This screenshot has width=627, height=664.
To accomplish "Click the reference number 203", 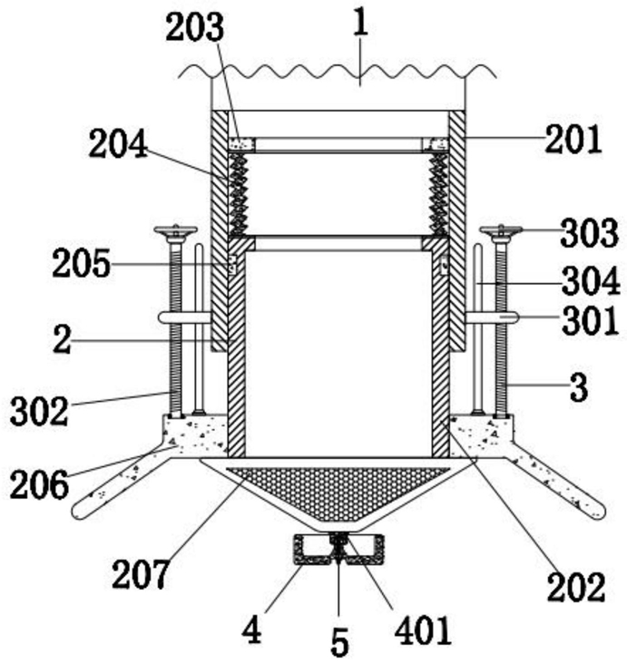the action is [194, 28].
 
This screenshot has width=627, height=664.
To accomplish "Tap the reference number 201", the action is [573, 140].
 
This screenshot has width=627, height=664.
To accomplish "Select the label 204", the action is [118, 144].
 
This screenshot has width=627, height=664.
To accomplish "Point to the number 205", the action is [82, 263].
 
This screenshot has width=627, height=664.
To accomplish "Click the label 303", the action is [589, 233].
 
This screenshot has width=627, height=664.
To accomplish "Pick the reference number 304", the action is [591, 282].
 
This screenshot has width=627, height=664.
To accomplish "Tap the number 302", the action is [39, 412].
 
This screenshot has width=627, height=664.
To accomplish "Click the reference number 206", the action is [39, 484].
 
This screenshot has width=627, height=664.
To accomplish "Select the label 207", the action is [141, 574].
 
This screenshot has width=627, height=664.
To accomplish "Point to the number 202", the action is [576, 588].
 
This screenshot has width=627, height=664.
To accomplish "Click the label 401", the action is [422, 631].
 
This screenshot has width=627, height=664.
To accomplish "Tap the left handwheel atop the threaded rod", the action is [175, 231].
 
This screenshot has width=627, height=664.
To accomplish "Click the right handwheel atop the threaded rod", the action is [501, 231].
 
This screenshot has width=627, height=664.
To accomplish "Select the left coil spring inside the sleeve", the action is [239, 194].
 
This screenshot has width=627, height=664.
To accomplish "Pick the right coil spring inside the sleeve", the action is [438, 194].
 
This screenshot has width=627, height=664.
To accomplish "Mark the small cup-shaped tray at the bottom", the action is [339, 550].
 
